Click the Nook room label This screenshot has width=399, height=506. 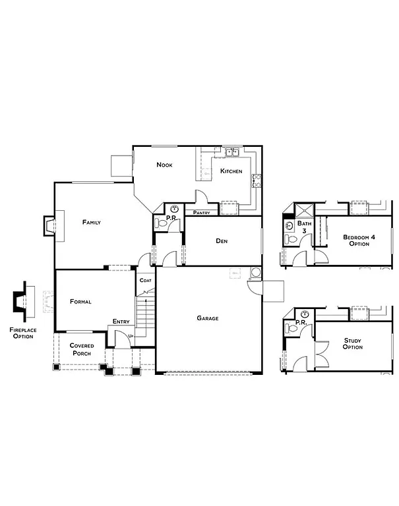pos(164,165)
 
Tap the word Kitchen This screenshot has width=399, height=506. pos(231,171)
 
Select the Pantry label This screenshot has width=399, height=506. pos(202,213)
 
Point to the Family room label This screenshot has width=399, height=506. pos(91,223)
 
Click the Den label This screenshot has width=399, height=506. pos(222,241)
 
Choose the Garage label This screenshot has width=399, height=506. pos(207,318)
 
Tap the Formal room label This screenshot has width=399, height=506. pos(80,302)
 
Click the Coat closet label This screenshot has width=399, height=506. pos(145,281)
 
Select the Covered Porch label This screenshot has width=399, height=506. pos(82,349)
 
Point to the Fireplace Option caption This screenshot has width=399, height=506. pos(23,333)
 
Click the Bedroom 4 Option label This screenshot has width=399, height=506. pos(359,240)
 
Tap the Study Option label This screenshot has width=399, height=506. pos(353,343)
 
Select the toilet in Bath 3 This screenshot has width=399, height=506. pos(290,239)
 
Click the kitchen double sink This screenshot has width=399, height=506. pos(231,153)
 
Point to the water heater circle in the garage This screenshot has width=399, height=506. pos(255,272)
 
